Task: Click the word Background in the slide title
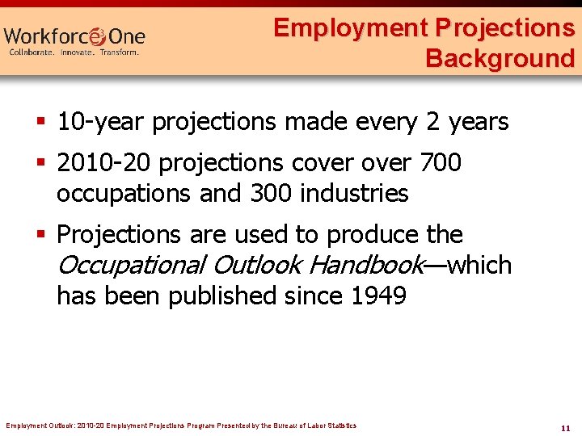pos(500,58)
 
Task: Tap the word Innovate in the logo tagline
pos(74,52)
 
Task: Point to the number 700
pos(441,163)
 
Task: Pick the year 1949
pos(378,296)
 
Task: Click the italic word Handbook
pos(366,265)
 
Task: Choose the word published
pos(221,296)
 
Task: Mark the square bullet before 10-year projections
pos(44,123)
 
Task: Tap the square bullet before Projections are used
pos(44,235)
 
